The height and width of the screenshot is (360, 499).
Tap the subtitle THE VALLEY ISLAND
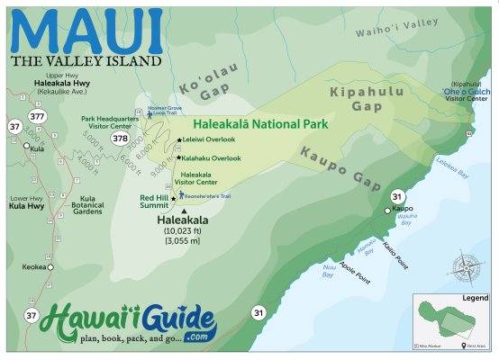(x=86, y=61)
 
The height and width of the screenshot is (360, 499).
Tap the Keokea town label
(x=33, y=267)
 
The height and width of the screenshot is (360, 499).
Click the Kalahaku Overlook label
(x=211, y=157)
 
